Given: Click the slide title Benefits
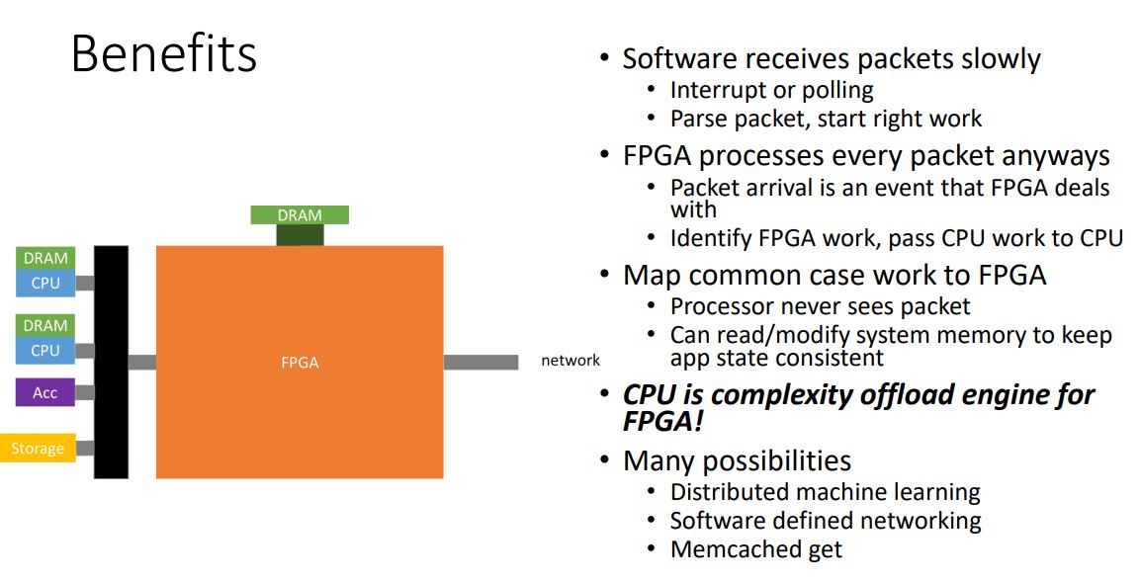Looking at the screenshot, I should click(x=164, y=53).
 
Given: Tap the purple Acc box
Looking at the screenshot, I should click(x=44, y=392).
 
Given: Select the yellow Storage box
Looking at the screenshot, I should click(x=38, y=449).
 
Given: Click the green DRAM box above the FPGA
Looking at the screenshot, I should click(x=300, y=214).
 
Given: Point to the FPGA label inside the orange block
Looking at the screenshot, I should click(x=300, y=363).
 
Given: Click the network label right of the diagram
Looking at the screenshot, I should click(x=570, y=361).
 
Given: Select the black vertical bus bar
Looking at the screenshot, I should click(x=111, y=362).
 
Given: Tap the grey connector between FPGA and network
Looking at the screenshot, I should click(x=481, y=363).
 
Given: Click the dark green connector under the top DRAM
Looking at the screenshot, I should click(x=300, y=235).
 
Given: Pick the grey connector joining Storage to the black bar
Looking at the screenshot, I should click(x=85, y=449).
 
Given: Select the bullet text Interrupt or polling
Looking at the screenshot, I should click(x=771, y=90).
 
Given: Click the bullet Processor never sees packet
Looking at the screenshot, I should click(x=820, y=306).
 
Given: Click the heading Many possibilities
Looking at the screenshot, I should click(x=737, y=460).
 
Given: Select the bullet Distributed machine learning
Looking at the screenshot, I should click(x=825, y=491).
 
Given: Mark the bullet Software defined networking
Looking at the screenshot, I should click(x=826, y=521).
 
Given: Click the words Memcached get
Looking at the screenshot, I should click(x=756, y=549).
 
